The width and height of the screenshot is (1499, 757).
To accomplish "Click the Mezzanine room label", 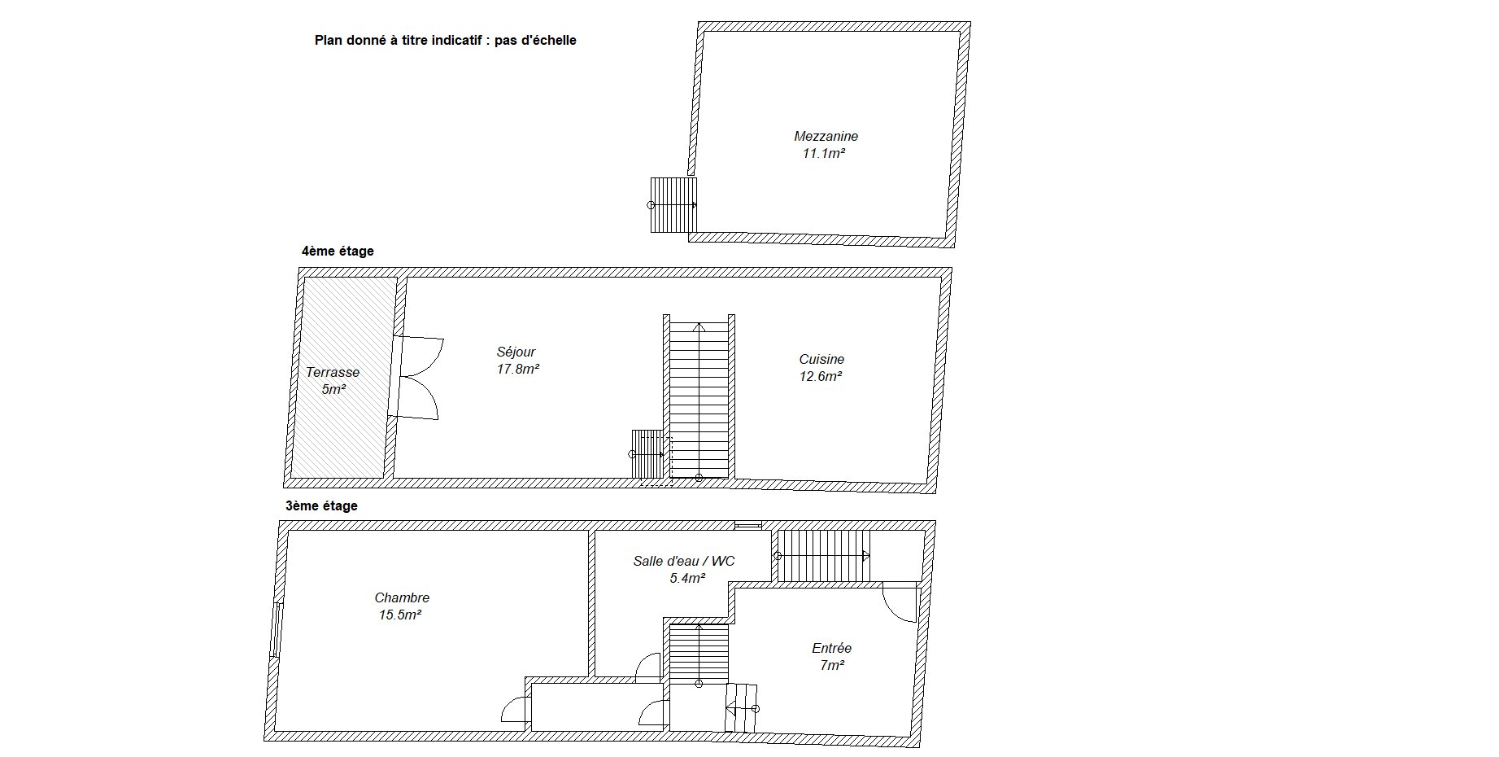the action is tap(826, 137).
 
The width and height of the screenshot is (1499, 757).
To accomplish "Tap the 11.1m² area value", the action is tap(824, 153).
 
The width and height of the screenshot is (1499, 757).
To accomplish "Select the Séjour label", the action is tap(516, 352).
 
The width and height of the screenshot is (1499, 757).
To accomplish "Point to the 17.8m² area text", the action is tap(518, 369).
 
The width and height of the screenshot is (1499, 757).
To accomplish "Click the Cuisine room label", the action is tap(821, 359).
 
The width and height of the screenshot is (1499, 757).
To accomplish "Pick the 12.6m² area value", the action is tap(821, 376).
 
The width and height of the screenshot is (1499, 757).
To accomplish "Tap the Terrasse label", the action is tap(333, 373).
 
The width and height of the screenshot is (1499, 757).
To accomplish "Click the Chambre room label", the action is tap(402, 598).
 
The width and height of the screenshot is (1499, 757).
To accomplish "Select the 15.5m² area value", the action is tap(400, 615).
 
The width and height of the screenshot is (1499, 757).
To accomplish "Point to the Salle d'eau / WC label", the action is tap(684, 561).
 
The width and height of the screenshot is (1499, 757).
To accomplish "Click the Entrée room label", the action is tap(831, 648).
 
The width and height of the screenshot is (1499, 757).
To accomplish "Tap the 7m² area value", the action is tap(831, 665).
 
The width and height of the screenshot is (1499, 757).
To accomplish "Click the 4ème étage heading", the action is tap(338, 251).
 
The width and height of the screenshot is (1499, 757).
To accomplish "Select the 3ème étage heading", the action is tap(321, 505).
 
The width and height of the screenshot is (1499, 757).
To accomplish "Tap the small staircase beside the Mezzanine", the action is tap(673, 205).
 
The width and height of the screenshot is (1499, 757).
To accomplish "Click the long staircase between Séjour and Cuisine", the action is tap(699, 399).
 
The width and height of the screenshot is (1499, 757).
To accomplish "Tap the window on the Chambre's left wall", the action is tap(277, 629).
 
